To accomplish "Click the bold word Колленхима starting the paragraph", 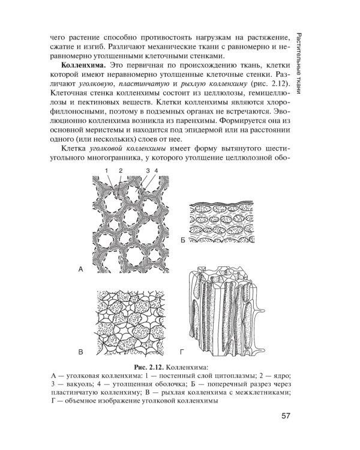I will [80, 64].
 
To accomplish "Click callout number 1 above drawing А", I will [105, 170].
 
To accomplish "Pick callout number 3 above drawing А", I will [146, 170].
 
